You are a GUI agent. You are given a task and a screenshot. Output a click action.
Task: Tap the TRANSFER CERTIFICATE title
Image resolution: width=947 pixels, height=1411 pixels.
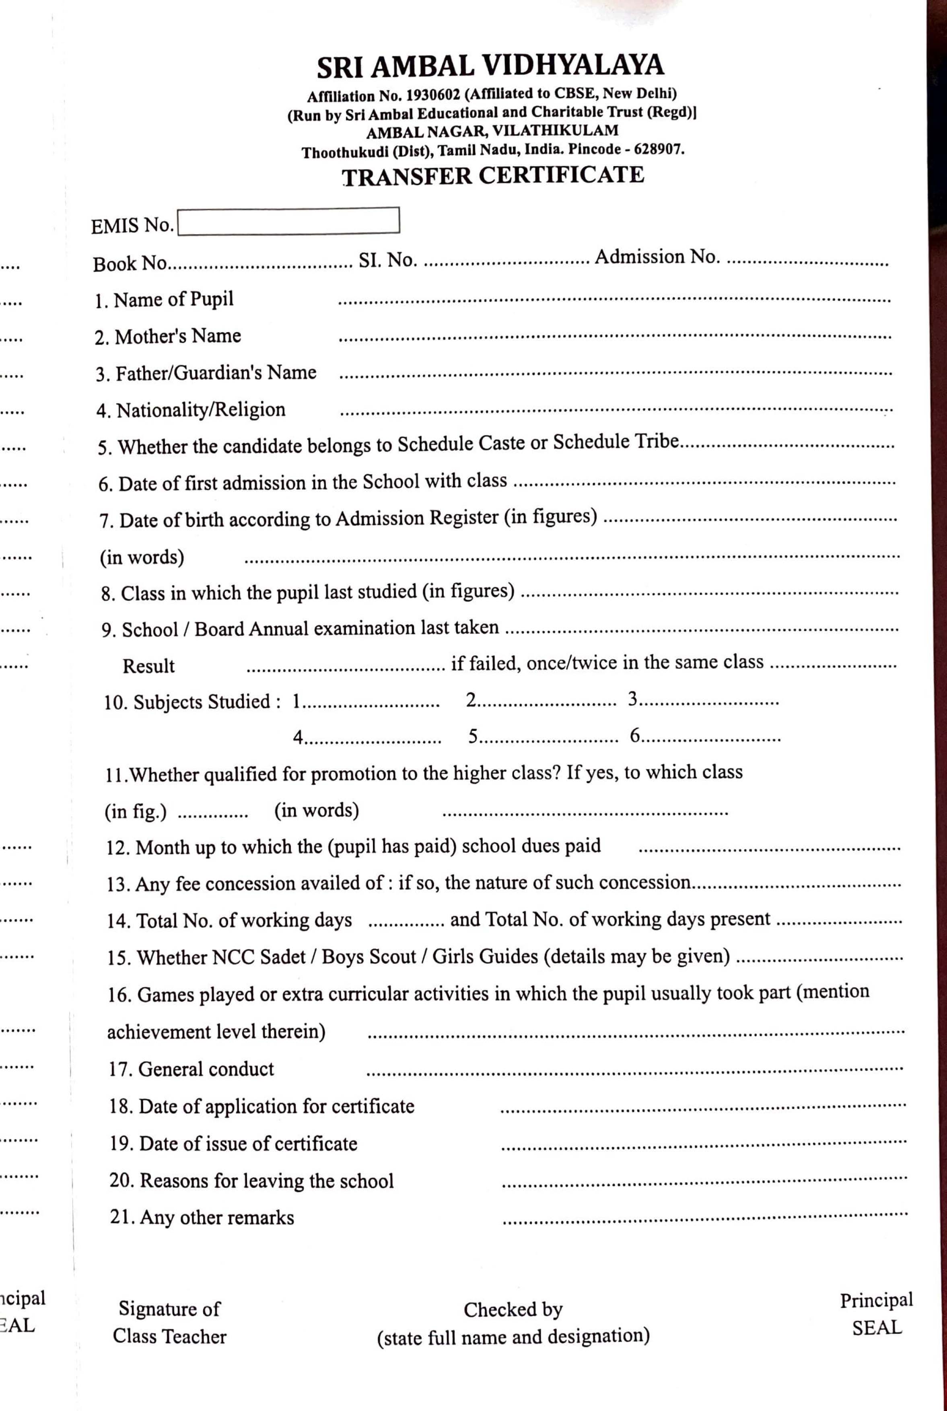[493, 176]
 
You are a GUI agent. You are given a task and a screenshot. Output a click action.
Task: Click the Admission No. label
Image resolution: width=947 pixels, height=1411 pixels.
[657, 257]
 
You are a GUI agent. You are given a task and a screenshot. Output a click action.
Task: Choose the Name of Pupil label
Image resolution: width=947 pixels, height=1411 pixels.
[164, 300]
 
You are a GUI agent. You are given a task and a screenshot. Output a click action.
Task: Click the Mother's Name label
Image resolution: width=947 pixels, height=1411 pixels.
[167, 336]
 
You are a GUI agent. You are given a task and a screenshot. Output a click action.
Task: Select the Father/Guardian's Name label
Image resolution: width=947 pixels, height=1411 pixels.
[205, 373]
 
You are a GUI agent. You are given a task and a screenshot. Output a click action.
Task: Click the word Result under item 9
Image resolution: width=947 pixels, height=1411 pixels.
[148, 666]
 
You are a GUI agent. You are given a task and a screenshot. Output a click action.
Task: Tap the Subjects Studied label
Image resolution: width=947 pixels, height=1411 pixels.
[192, 702]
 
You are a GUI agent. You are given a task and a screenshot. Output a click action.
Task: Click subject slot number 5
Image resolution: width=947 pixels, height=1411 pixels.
[473, 736]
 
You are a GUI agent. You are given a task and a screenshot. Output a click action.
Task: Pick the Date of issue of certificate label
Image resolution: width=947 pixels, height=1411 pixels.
[233, 1144]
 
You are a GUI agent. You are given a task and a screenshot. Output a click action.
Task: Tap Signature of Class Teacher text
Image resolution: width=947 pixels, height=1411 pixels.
[170, 1322]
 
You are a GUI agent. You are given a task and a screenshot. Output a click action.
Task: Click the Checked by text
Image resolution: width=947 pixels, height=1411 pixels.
[513, 1310]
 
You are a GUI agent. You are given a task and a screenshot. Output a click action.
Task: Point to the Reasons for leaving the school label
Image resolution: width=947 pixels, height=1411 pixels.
[251, 1181]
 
